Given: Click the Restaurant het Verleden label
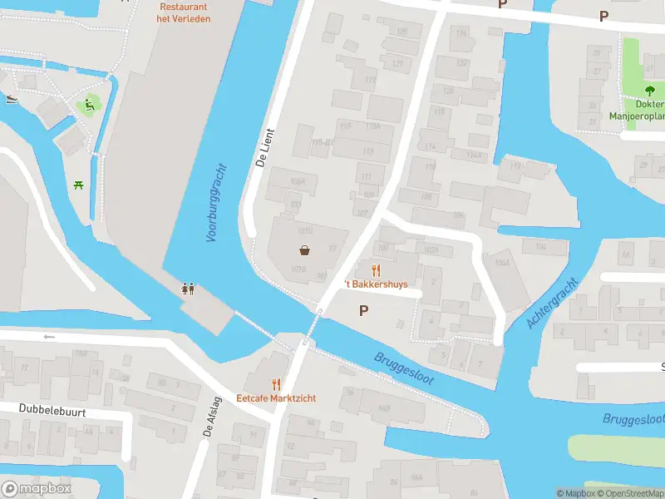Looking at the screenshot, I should coord(185,12).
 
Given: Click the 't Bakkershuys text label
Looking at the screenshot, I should coord(377,284).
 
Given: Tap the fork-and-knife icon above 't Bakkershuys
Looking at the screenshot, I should coord(376,269).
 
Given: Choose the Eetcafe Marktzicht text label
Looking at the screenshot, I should coord(276,398).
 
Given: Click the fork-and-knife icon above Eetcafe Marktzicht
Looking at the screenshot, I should coord(276,384).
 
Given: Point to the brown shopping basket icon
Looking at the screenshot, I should coord(305,250).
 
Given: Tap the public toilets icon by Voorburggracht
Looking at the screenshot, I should coord(189,289).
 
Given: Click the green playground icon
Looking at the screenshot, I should coord(86,106).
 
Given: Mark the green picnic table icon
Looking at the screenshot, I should coord(78,185).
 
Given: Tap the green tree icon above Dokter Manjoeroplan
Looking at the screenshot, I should coord(648,90).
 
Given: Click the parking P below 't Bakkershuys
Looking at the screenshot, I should coord(362,311).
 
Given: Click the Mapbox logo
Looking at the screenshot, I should coord(36,489).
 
